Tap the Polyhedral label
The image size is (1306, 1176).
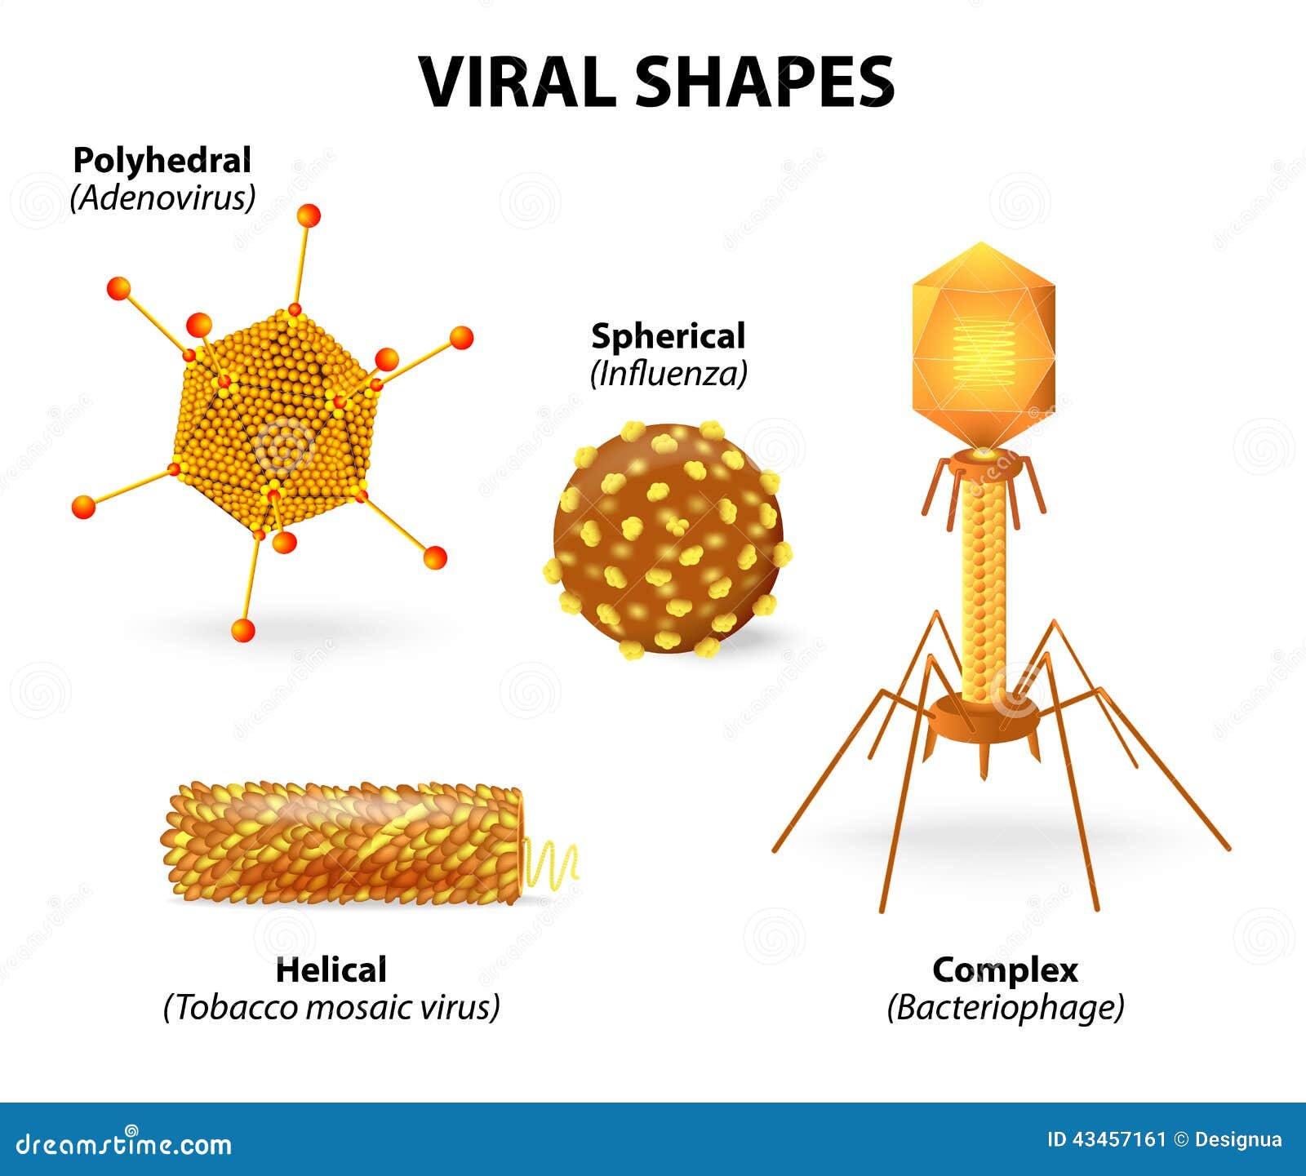coord(162,160)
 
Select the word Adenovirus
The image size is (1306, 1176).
coord(162,197)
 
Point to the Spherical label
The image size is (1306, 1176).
coord(668,336)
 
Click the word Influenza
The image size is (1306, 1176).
coord(668,374)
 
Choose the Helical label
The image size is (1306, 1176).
coord(331,970)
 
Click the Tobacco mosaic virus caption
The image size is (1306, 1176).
coord(331,1007)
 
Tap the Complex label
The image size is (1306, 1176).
coord(1005,970)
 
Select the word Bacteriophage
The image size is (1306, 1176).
coord(1005,1007)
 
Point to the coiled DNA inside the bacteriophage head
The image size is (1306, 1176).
coord(984,351)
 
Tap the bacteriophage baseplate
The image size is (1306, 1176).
coord(986,718)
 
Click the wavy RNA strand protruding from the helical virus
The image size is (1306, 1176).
coord(551,865)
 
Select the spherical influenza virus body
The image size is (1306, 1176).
coord(668,539)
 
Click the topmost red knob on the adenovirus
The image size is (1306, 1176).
coord(309,215)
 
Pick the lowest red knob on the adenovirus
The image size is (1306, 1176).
coord(242,630)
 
